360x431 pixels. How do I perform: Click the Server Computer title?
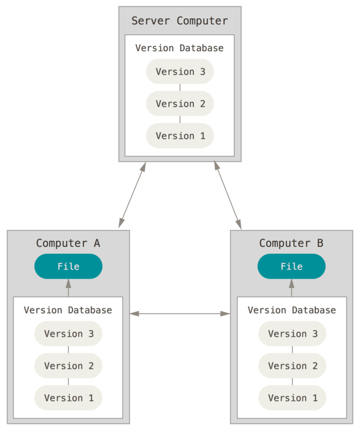(x=179, y=21)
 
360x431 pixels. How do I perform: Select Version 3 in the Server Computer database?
(x=180, y=72)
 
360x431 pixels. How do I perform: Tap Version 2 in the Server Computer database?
(x=180, y=103)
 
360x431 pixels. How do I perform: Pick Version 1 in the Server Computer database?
(x=180, y=136)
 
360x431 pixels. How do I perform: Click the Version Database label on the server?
(x=179, y=48)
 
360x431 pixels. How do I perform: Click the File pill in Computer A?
(x=68, y=266)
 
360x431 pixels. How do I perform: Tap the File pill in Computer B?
(x=292, y=266)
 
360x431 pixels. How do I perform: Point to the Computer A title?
(x=68, y=243)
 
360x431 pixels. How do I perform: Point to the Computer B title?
(x=291, y=243)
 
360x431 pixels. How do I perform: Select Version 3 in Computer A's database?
(x=68, y=333)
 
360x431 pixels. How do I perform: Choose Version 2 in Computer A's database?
(x=68, y=366)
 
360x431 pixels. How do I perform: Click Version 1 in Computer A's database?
(x=68, y=398)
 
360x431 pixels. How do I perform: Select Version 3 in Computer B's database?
(x=292, y=333)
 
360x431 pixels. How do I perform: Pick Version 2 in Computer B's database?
(x=292, y=366)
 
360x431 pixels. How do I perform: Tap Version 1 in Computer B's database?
(x=292, y=398)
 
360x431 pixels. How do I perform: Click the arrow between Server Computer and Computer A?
(x=133, y=195)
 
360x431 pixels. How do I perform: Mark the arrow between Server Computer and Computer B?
(x=227, y=195)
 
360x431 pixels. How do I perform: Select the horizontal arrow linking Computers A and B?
(x=180, y=313)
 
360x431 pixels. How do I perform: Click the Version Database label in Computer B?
(x=292, y=310)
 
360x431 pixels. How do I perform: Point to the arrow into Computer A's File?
(x=68, y=288)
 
